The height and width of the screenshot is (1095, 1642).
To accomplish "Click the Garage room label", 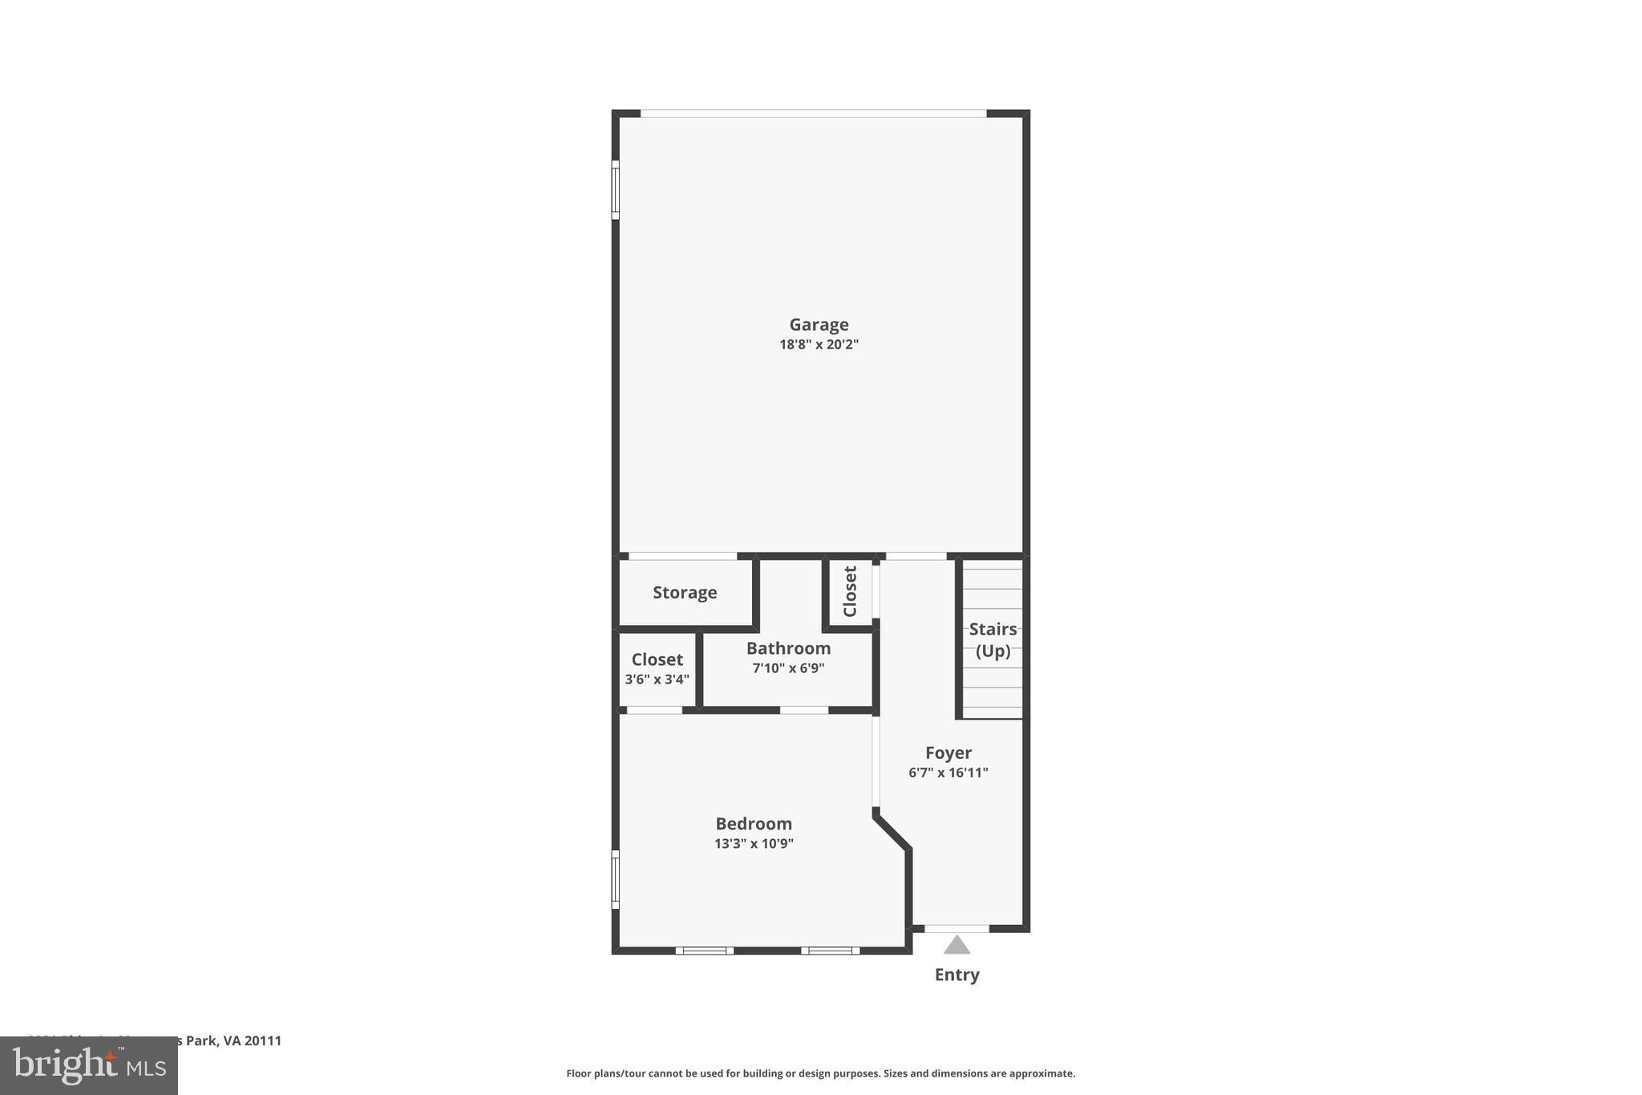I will coord(819,325).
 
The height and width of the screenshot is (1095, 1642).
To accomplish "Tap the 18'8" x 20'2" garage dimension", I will coord(819,345).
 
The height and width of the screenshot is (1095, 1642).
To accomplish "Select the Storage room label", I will coord(685,593).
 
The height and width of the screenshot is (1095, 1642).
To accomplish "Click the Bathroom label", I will coord(788,648).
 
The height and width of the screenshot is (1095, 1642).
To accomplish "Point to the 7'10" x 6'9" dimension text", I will coord(788,668).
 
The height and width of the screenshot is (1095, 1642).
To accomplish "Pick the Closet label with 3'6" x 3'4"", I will coord(657,659).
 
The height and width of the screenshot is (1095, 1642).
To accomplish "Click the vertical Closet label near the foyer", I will coord(850,591).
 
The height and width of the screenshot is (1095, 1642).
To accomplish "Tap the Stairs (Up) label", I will coord(993,639).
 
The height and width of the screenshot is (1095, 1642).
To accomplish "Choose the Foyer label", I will coord(948,752).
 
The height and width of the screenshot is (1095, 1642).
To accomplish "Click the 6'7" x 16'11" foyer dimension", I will coord(948,773).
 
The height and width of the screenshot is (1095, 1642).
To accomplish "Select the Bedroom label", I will coord(754,824).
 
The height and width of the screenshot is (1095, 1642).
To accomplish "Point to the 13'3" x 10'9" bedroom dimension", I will coord(754,844).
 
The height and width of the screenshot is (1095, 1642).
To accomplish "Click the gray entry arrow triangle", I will coord(956,946).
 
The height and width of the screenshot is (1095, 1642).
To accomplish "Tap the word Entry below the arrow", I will coord(956,975).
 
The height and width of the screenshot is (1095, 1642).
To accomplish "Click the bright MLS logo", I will coord(89,1065).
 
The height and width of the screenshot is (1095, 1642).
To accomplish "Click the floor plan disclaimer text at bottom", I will coord(820,1073).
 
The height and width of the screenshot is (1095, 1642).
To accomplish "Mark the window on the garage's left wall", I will coord(616,189).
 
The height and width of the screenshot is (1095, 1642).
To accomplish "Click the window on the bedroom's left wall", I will coord(616,879).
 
